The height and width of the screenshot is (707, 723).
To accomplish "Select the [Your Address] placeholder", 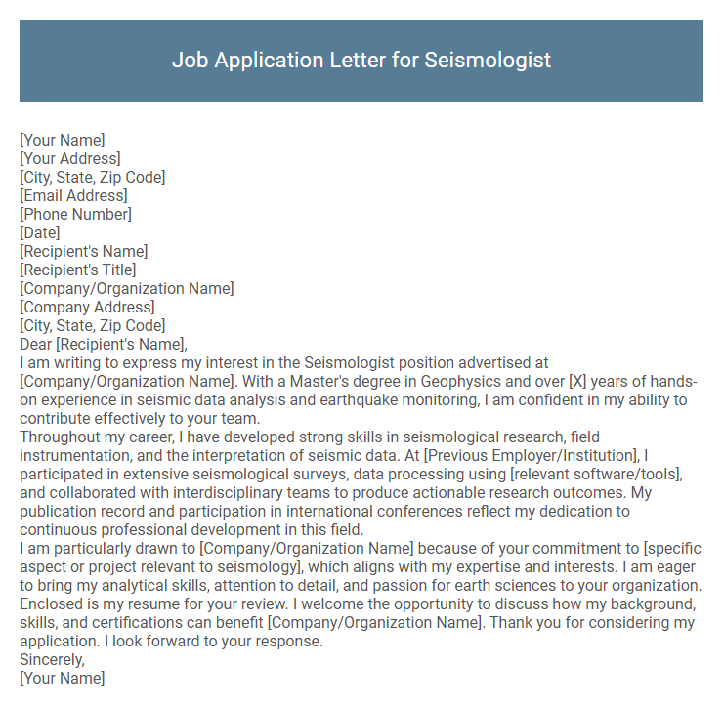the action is point(70,159).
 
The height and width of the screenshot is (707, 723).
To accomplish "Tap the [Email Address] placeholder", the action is point(73,196).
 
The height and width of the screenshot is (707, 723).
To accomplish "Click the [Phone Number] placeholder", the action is point(75,215).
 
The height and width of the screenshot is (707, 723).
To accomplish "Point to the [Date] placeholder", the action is point(40,233).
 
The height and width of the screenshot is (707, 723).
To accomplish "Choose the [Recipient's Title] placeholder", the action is point(78,270).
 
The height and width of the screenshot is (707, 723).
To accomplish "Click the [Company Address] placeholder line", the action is point(87,308).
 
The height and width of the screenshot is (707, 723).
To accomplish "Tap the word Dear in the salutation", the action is point(35,345).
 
